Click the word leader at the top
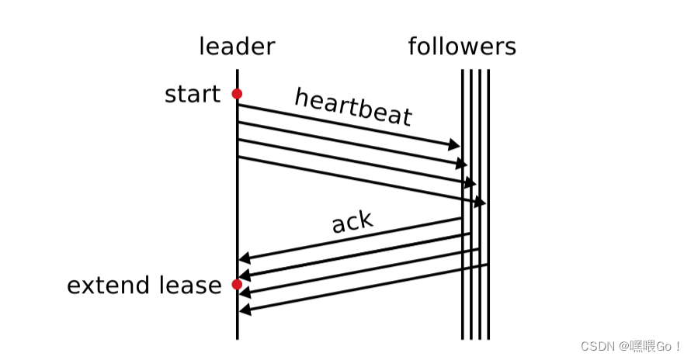click(237, 47)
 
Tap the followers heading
click(462, 47)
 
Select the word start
click(193, 95)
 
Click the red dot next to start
click(237, 94)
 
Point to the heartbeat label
click(353, 107)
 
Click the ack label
click(352, 223)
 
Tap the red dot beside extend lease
click(237, 285)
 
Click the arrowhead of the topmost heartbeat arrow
click(456, 145)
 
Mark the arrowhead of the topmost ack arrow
click(244, 258)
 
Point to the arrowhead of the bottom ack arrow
click(244, 310)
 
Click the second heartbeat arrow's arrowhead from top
click(463, 164)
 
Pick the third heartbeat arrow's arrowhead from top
click(471, 183)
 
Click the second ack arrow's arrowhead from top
click(244, 276)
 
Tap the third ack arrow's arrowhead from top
click(244, 293)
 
